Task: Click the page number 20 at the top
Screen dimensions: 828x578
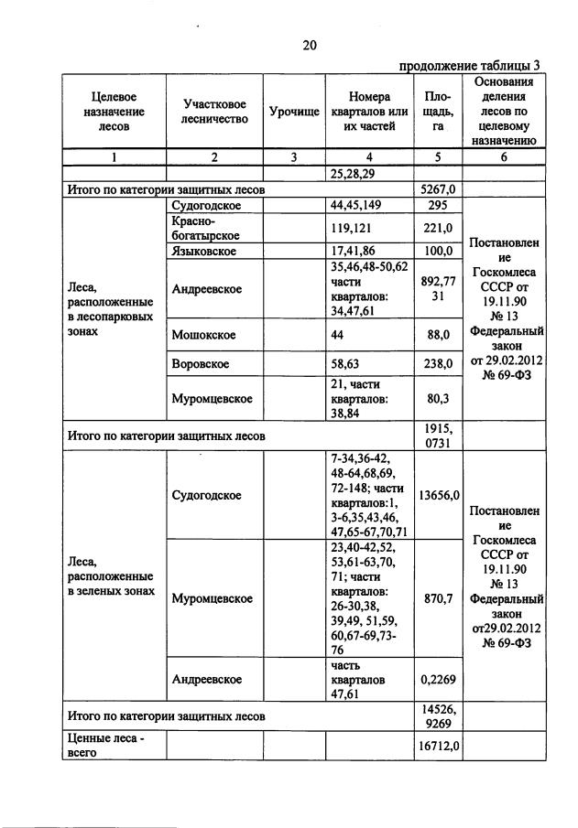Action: [x=309, y=44]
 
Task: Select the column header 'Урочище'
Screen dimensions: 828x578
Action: [x=294, y=111]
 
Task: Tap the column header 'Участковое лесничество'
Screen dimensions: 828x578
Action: [x=214, y=111]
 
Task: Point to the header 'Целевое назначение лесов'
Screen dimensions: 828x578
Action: [x=114, y=111]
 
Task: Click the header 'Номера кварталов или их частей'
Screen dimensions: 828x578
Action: [x=370, y=111]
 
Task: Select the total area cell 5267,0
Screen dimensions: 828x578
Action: [x=438, y=190]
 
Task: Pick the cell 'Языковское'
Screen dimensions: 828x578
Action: [x=204, y=251]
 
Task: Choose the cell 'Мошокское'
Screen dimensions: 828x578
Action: [x=203, y=335]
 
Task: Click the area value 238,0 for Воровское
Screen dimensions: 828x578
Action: [x=438, y=364]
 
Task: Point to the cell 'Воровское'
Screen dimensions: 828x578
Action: [x=202, y=364]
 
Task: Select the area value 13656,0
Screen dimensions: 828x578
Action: [x=438, y=495]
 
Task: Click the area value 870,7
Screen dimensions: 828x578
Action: [x=438, y=598]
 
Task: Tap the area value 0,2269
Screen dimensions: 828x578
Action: [x=438, y=679]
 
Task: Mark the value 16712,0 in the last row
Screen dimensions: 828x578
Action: [x=438, y=745]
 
